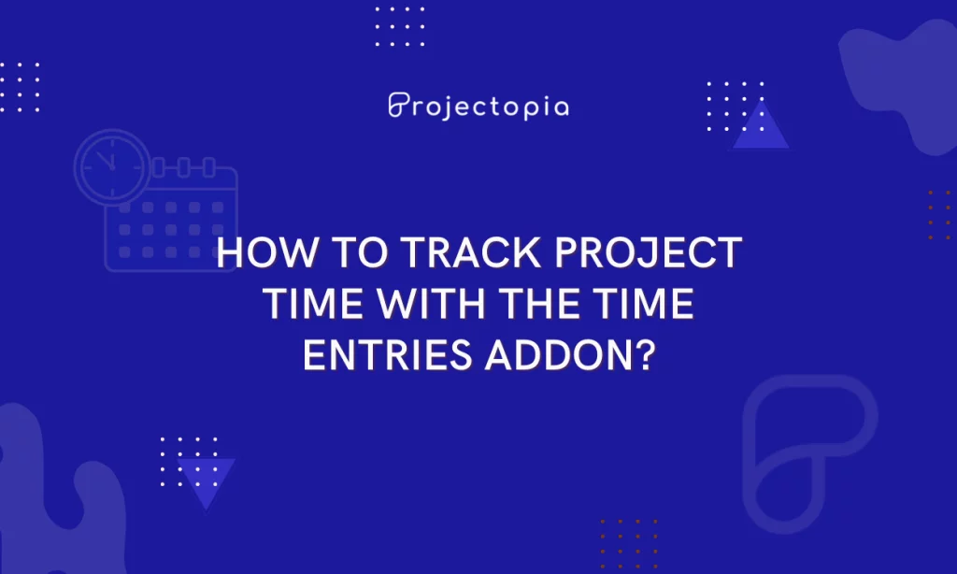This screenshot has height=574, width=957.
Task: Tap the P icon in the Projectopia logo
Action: pos(398,105)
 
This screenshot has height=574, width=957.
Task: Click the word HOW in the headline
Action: pos(259,255)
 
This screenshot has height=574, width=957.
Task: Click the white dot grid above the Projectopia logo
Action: pos(399,26)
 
